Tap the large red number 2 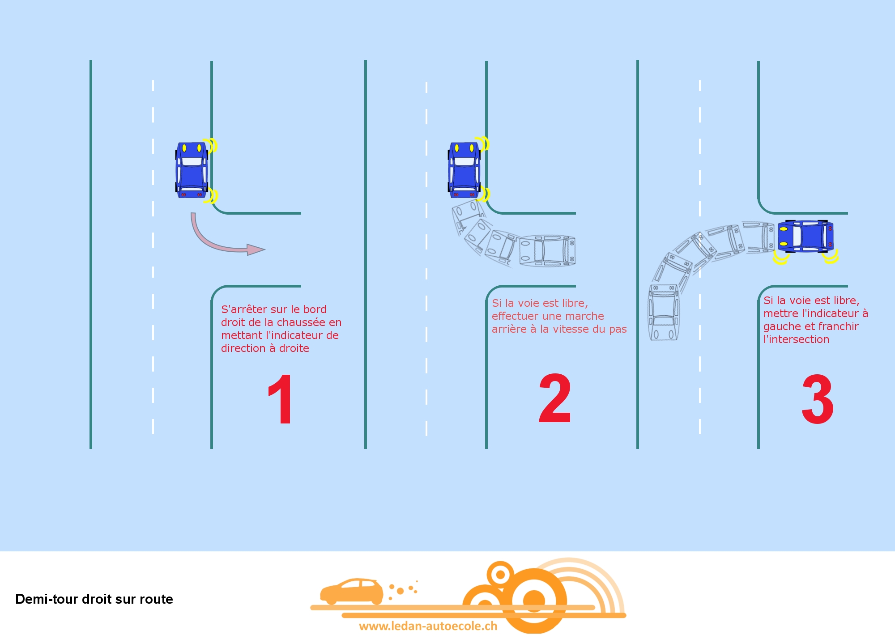555,398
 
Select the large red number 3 818,399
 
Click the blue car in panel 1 192,170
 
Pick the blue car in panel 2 465,170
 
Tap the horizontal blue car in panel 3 805,236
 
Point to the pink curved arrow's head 256,250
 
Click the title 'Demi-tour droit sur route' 94,599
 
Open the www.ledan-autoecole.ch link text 428,626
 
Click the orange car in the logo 352,591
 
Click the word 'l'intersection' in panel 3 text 796,339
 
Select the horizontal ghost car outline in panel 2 547,251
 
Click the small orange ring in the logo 500,574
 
